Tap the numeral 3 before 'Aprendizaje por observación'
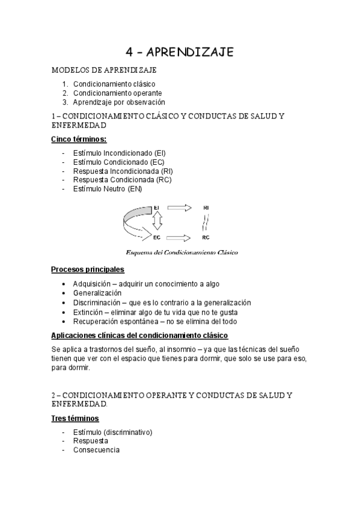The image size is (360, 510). [x=64, y=102]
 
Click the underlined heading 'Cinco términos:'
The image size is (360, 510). [x=79, y=140]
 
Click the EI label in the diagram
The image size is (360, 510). [x=157, y=208]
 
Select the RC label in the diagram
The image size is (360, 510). [x=206, y=238]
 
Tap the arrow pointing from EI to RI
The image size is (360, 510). [x=178, y=208]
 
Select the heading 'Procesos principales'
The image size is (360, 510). [x=87, y=269]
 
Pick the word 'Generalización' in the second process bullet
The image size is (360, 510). [x=97, y=293]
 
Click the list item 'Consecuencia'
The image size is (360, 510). [x=96, y=450]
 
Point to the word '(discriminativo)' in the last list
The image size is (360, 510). [x=127, y=432]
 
